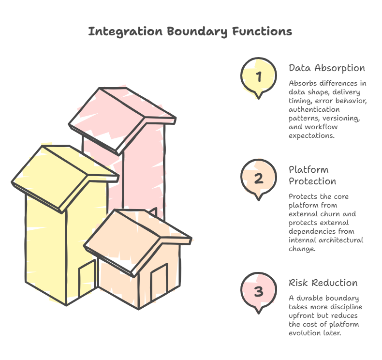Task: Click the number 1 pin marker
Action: coord(259,76)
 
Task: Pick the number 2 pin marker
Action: coord(259,178)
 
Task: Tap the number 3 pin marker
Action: coord(259,291)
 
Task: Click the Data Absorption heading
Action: coord(326,68)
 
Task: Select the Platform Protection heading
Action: coord(312,176)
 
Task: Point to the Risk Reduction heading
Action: coord(323,283)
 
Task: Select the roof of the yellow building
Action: coord(63,174)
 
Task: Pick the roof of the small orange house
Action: coord(135,237)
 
